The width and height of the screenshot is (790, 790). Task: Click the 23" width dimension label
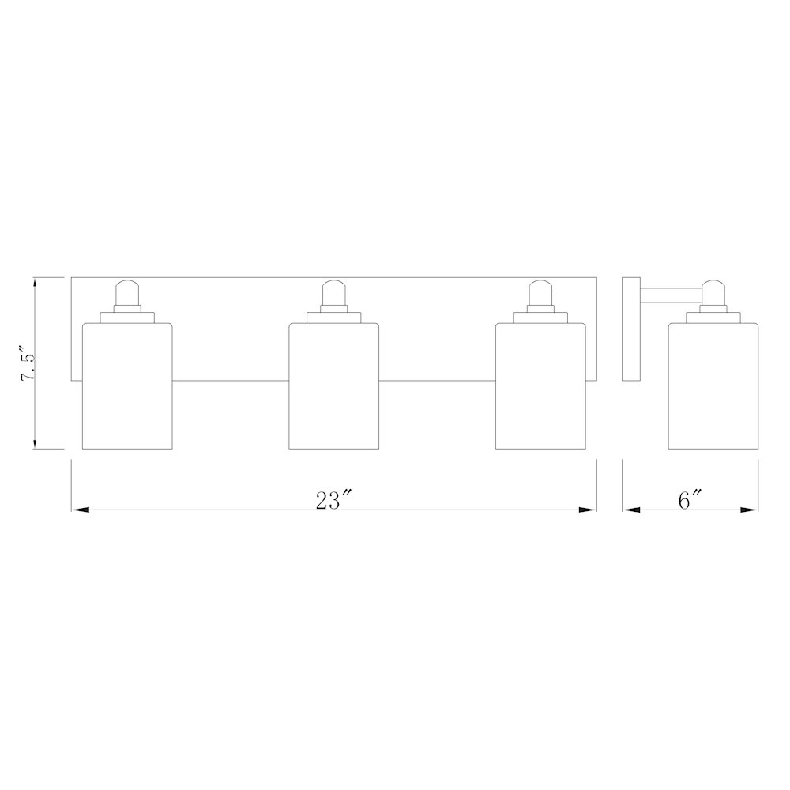(332, 500)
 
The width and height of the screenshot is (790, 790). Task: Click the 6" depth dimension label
(690, 500)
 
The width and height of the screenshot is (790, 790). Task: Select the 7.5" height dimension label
(28, 363)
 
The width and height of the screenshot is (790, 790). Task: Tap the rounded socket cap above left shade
(127, 293)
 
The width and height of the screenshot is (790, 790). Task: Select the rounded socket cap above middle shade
(333, 293)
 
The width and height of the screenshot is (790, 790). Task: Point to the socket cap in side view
(713, 293)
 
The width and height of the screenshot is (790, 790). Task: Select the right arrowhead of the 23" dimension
(589, 510)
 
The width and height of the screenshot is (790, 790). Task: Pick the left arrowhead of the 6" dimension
(630, 510)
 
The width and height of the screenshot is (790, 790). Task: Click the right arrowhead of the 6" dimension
(751, 510)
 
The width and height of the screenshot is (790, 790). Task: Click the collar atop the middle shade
(333, 318)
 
